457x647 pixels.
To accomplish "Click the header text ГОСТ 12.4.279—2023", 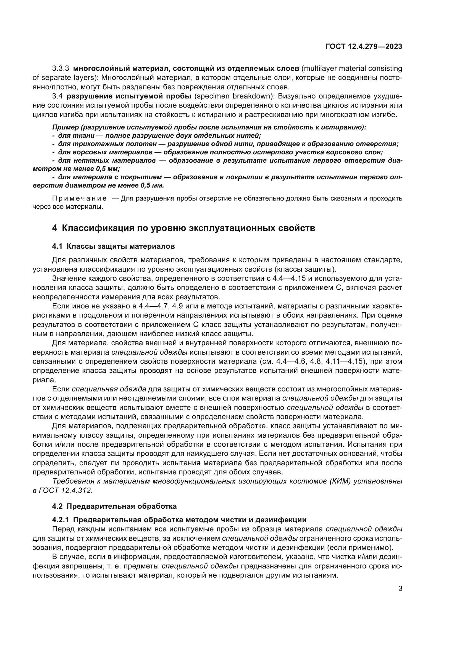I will pyautogui.click(x=364, y=47).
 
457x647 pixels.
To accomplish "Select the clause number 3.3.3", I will pyautogui.click(x=61, y=69).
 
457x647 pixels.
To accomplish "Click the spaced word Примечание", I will pyautogui.click(x=79, y=199).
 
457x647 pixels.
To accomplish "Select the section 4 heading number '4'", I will pyautogui.click(x=55, y=228).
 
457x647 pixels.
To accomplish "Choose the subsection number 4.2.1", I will pyautogui.click(x=61, y=528).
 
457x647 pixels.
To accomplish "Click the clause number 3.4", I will pyautogui.click(x=57, y=96).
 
